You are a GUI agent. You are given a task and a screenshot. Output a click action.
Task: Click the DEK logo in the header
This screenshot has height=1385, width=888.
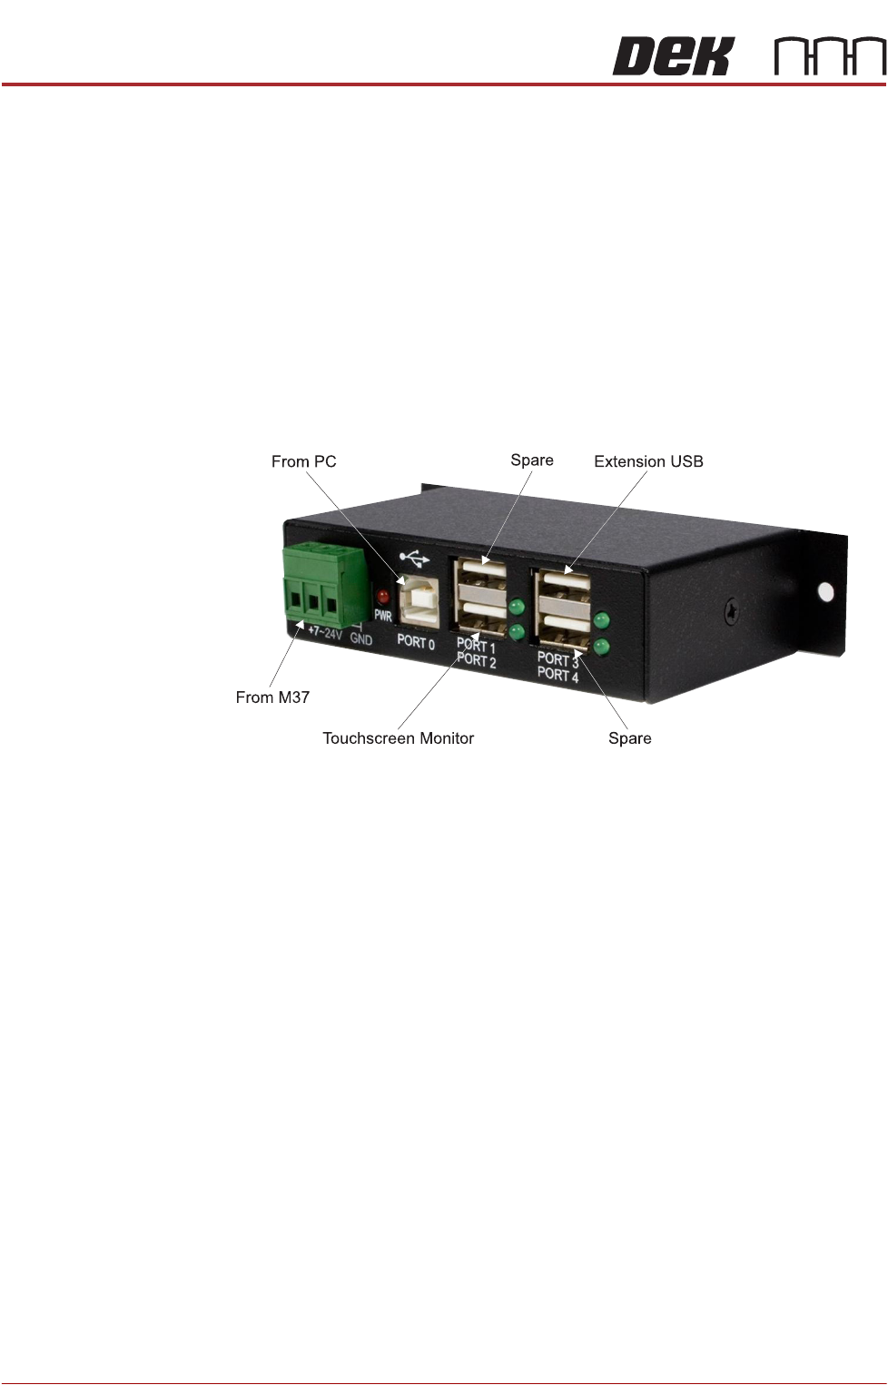pos(672,56)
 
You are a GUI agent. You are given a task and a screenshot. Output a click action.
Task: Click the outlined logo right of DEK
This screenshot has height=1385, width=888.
pos(830,56)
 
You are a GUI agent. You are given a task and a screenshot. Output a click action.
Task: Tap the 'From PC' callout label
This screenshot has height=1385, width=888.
pos(303,461)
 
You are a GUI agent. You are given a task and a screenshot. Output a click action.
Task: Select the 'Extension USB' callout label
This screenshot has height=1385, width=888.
pos(648,461)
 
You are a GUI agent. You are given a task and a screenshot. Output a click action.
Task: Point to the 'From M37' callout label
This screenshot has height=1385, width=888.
pos(272,697)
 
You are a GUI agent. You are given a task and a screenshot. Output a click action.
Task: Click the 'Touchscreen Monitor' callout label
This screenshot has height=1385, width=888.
pos(398,738)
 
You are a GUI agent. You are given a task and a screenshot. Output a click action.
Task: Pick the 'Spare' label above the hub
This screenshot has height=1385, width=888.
pos(532,460)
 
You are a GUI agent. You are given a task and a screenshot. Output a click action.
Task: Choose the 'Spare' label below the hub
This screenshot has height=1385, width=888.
pos(629,738)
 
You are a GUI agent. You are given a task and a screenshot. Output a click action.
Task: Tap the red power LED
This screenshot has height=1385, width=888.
pos(382,597)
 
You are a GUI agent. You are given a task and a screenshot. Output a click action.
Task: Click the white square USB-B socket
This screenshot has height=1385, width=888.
pos(419,599)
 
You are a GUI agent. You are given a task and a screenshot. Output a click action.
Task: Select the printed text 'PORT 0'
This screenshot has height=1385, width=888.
pos(416,642)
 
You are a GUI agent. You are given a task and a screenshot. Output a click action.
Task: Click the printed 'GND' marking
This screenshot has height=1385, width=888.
pos(361,639)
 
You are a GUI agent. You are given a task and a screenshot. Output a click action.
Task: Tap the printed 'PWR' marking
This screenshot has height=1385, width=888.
pos(383,616)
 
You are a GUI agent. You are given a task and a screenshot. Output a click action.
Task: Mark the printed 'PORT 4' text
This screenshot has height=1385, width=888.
pos(557,675)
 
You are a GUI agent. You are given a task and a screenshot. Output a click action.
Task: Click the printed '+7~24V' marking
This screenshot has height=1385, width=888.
pos(324,632)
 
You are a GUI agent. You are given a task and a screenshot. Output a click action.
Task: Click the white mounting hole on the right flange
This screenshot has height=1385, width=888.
pos(825,592)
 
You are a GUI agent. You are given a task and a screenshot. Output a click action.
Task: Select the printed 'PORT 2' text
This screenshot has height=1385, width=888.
pos(477,661)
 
